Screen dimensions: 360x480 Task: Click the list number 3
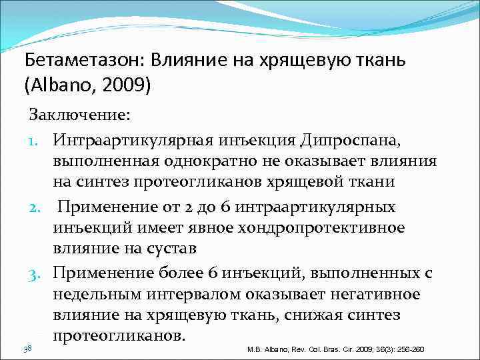tap(37, 273)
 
